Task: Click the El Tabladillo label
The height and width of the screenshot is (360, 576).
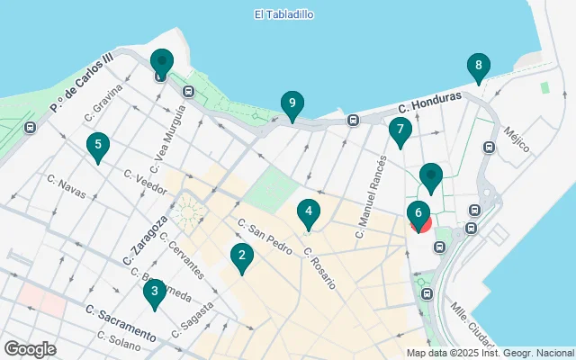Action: coord(283,14)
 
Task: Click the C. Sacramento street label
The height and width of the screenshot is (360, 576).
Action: coord(121,324)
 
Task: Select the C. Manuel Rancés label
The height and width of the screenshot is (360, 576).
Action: coord(370,196)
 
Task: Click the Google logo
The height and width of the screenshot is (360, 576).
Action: coord(30,348)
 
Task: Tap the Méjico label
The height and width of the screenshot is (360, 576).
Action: coord(517,140)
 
